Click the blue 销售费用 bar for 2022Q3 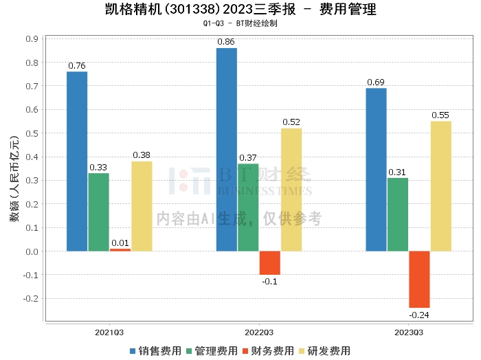pyautogui.click(x=227, y=150)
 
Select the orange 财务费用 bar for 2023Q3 pyautogui.click(x=419, y=280)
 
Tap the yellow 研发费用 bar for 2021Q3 pyautogui.click(x=142, y=206)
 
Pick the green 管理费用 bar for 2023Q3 pyautogui.click(x=398, y=214)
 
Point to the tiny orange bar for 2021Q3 pyautogui.click(x=120, y=250)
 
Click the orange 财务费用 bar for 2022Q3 pyautogui.click(x=270, y=263)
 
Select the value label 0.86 pyautogui.click(x=226, y=42)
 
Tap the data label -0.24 pyautogui.click(x=419, y=315)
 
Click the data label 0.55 pyautogui.click(x=440, y=115)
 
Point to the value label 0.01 pyautogui.click(x=120, y=243)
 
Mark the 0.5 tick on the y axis pyautogui.click(x=32, y=133)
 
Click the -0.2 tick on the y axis pyautogui.click(x=31, y=298)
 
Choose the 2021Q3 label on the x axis pyautogui.click(x=109, y=333)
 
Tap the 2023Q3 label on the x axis pyautogui.click(x=409, y=333)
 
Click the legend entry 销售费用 pyautogui.click(x=156, y=351)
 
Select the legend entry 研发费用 pyautogui.click(x=324, y=351)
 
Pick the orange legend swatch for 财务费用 pyautogui.click(x=245, y=351)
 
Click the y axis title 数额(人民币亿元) pyautogui.click(x=14, y=179)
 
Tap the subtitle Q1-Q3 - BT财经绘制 pyautogui.click(x=240, y=23)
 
